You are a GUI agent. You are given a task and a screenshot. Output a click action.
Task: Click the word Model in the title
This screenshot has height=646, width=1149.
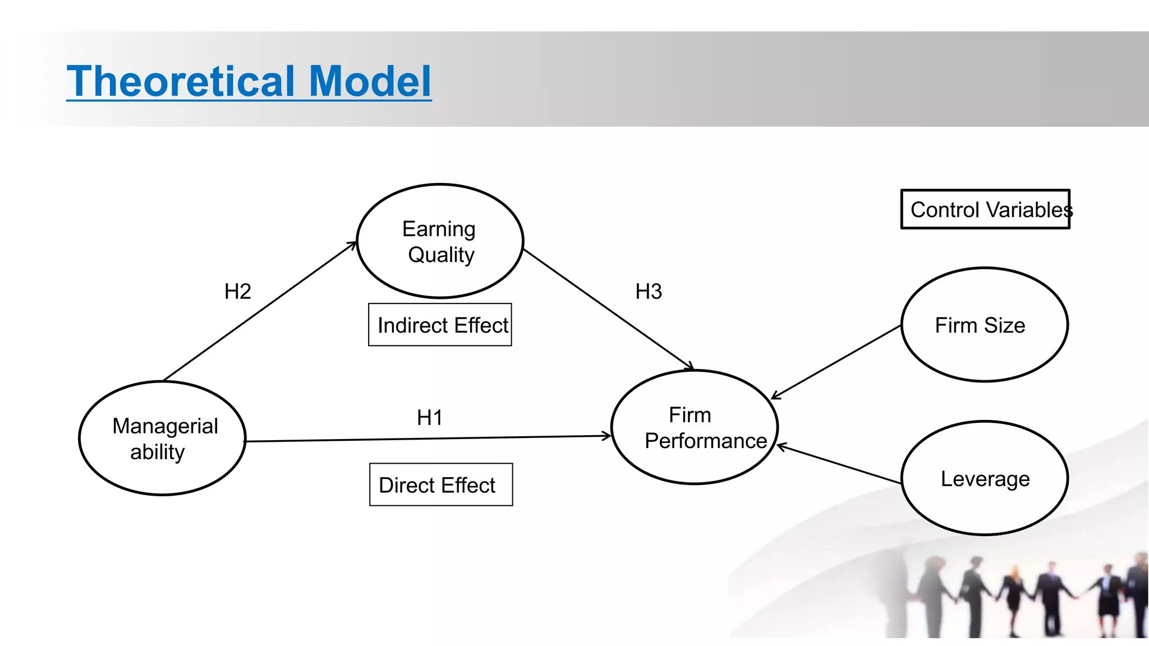point(370,81)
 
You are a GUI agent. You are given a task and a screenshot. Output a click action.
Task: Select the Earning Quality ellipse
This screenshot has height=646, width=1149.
point(440,241)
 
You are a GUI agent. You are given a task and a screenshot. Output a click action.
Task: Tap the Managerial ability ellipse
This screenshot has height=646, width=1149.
point(163,439)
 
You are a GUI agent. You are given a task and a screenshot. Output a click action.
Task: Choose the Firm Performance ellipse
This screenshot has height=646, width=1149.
point(694,427)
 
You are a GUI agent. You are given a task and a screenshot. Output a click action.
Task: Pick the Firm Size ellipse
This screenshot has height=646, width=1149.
point(985,325)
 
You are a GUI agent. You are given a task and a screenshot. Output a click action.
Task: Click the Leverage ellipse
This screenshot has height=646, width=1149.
point(985,478)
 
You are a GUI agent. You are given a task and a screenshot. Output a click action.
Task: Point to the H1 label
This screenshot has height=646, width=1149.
point(430,418)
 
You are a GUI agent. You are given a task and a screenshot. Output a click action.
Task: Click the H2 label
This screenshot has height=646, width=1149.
point(237,292)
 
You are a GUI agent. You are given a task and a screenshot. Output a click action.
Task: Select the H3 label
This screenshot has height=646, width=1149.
point(649,292)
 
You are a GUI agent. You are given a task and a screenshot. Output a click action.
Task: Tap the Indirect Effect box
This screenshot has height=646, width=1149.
point(440,325)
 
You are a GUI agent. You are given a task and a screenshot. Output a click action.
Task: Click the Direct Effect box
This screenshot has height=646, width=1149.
point(441,485)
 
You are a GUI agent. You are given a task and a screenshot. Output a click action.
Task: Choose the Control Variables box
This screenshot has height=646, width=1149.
point(985,210)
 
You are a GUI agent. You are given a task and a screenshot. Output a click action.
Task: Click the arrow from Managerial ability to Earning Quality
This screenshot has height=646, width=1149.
point(260,311)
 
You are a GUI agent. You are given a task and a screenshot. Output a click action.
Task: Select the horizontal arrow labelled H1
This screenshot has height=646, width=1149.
point(426,439)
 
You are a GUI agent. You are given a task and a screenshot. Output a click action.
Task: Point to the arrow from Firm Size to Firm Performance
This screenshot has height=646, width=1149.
point(836,362)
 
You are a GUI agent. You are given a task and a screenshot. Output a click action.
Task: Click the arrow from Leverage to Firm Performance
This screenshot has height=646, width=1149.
point(839,464)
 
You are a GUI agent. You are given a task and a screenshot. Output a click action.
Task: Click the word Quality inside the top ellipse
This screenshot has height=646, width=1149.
point(441,255)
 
